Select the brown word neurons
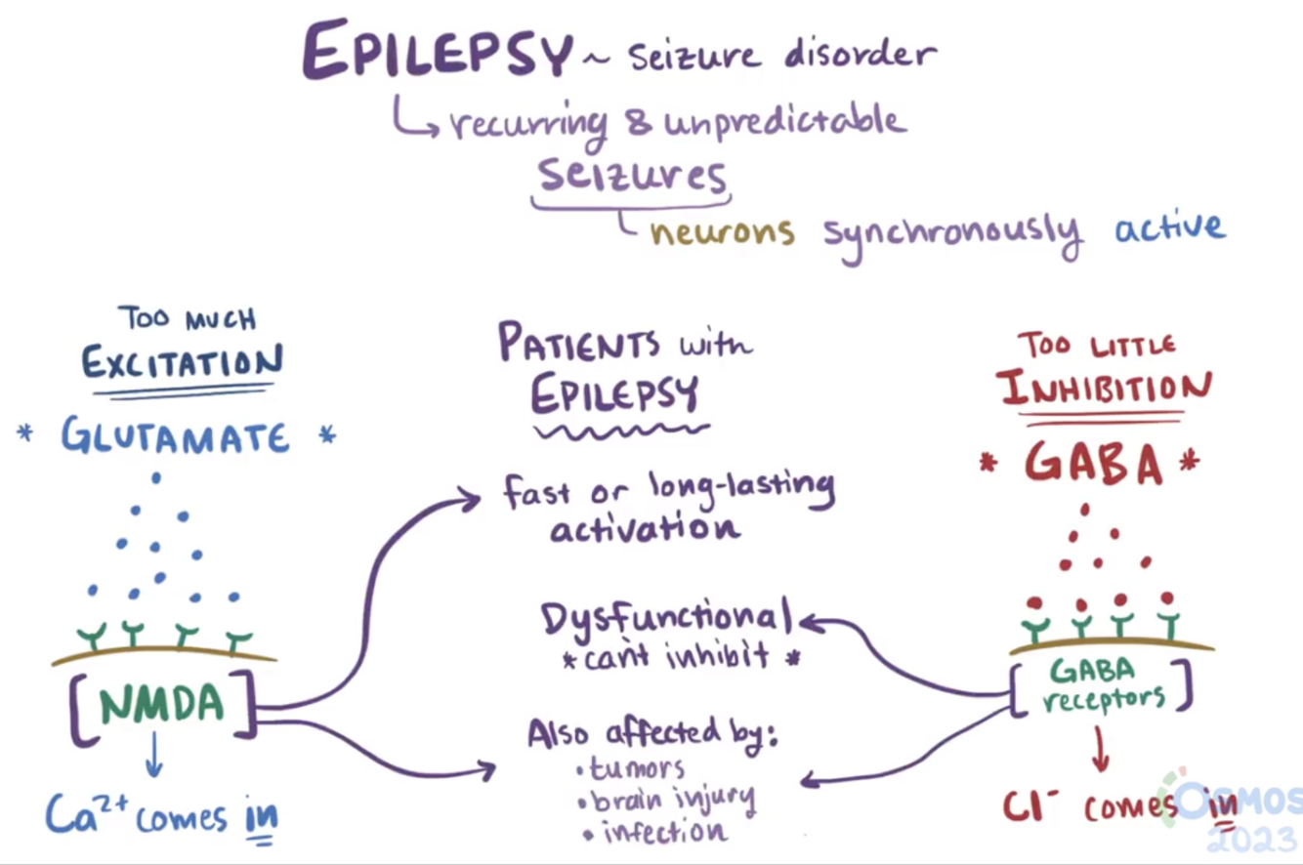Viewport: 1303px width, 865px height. (x=722, y=232)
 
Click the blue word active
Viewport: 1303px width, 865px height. (x=1168, y=227)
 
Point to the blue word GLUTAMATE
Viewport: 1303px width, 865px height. (x=176, y=435)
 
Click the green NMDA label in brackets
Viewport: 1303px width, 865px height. (x=160, y=705)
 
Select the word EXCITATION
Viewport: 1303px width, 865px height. (x=182, y=363)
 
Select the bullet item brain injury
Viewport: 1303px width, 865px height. (x=672, y=800)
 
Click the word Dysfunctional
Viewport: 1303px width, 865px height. (x=667, y=618)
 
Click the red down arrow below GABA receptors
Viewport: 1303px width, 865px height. (x=1099, y=753)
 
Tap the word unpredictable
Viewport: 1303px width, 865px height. (x=784, y=121)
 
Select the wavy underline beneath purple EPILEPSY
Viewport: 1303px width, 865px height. (x=621, y=429)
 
